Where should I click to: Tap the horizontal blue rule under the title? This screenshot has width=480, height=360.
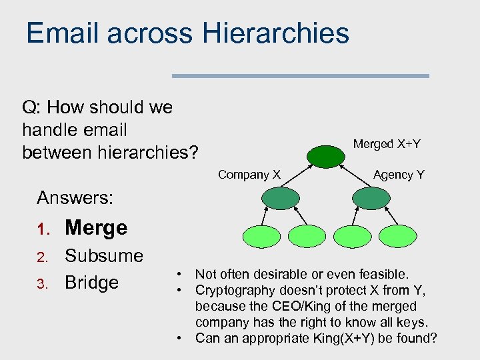300,76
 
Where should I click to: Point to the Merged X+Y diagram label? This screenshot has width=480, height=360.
387,144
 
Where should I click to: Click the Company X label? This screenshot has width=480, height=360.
249,175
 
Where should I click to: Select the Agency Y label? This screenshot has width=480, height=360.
399,175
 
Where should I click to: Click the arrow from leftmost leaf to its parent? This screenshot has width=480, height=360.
265,216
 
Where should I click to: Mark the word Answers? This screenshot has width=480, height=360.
75,198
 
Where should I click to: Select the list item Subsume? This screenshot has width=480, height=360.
103,256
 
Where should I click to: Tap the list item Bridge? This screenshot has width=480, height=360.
91,283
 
